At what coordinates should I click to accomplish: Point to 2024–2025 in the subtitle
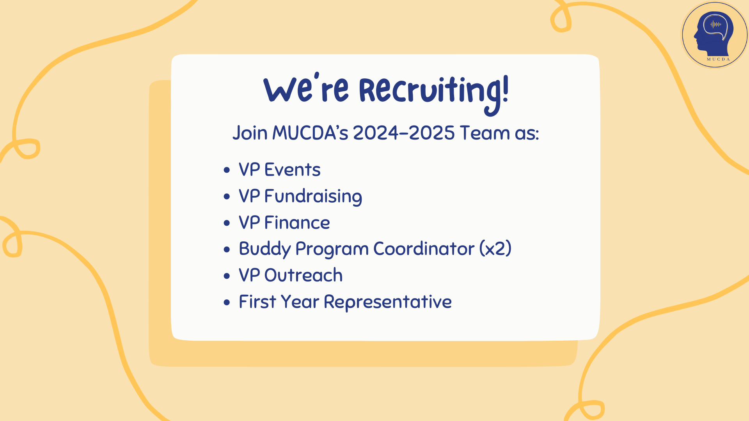[404, 133]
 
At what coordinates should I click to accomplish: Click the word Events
[293, 170]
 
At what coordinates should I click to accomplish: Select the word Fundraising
[313, 196]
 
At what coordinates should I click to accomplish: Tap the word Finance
[297, 223]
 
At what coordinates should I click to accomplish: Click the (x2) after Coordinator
[495, 249]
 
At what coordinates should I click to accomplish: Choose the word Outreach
[304, 275]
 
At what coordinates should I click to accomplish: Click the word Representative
[388, 302]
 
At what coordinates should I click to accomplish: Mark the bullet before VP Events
[227, 170]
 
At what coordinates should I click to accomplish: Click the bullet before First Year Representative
[227, 302]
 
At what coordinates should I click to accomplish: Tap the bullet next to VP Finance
[227, 223]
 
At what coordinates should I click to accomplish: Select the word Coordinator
[424, 249]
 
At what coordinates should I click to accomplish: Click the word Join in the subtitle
[250, 133]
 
